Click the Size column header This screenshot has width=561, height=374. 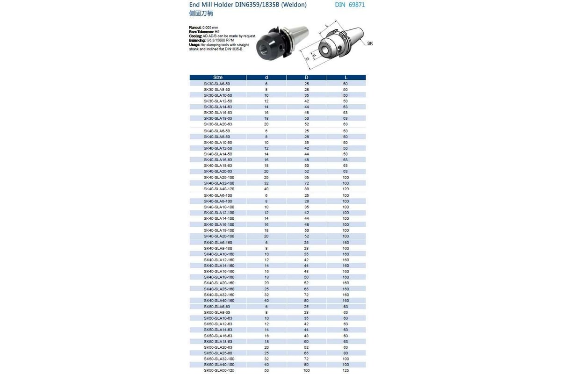tap(218, 77)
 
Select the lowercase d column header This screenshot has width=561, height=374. tap(266, 77)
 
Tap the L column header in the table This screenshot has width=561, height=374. tap(345, 77)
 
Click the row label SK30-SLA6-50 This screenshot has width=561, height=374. tap(217, 83)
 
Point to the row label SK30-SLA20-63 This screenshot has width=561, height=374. tap(218, 124)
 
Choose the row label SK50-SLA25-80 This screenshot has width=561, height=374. tap(218, 353)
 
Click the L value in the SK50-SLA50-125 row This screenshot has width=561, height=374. tap(345, 371)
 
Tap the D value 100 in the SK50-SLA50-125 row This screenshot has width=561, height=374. tap(306, 371)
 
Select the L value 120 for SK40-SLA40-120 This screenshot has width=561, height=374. tap(345, 189)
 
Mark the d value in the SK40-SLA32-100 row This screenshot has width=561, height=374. tap(266, 183)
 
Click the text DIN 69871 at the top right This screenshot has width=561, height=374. tap(350, 5)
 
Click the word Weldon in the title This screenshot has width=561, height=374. tap(294, 5)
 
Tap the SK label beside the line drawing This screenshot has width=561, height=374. tap(370, 43)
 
